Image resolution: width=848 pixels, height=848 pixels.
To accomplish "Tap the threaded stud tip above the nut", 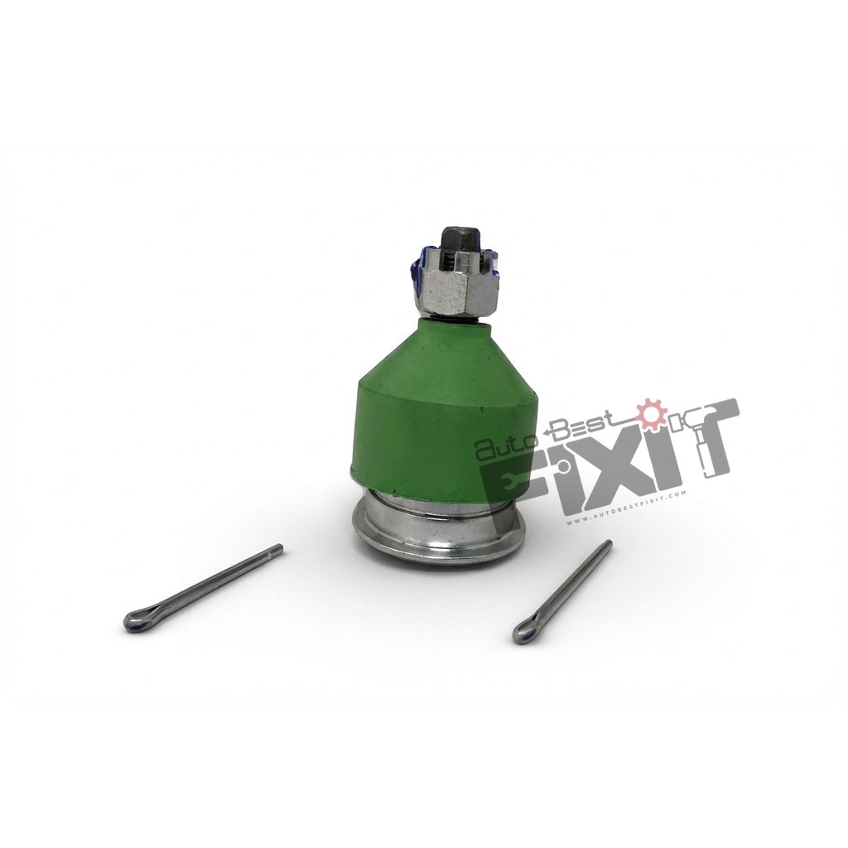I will (x=456, y=240).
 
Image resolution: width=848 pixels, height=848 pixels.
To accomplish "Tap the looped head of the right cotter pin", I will (x=522, y=634).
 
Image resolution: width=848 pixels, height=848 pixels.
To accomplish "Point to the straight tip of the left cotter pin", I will (x=277, y=548).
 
